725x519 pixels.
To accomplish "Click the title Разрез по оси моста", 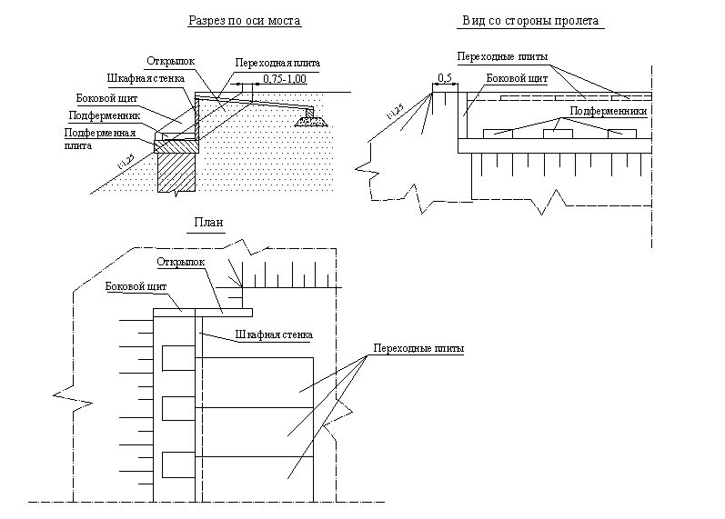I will pos(244,20).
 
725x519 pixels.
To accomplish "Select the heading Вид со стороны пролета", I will pos(531,20).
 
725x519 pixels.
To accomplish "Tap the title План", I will pos(208,222).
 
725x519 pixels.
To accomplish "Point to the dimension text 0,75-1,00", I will pos(285,81).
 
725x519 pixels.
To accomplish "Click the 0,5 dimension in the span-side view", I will pos(445,79).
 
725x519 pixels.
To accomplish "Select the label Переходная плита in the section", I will pos(276,63).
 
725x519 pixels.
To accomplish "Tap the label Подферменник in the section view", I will pos(104,115).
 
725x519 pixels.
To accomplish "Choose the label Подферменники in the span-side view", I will pos(608,111).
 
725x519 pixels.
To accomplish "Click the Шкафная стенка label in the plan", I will pos(274,334).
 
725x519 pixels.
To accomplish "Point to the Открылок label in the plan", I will pos(181,263).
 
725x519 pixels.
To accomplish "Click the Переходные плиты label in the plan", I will pos(418,349).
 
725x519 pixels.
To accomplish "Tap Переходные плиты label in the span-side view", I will pos(503,56).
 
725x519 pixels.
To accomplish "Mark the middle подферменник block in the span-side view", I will pos(559,134).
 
